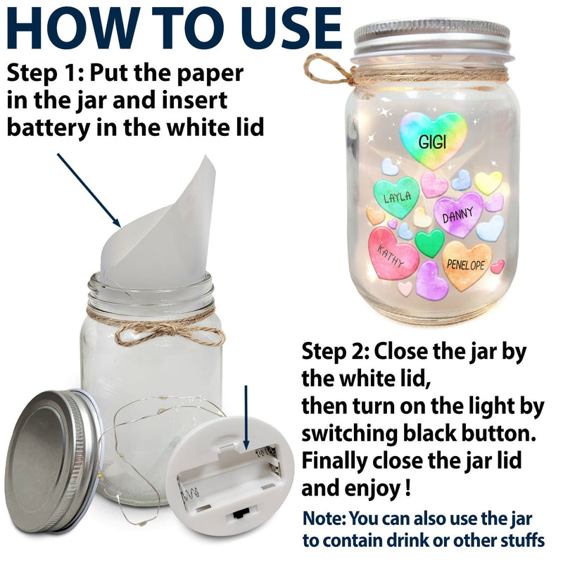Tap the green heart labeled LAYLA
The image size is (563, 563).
point(396,197)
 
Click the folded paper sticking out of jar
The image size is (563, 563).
point(158,230)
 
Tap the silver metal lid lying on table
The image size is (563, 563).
point(53,462)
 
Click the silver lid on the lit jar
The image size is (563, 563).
point(432,39)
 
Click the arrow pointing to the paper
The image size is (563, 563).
point(89,190)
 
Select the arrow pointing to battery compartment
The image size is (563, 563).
point(246,417)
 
